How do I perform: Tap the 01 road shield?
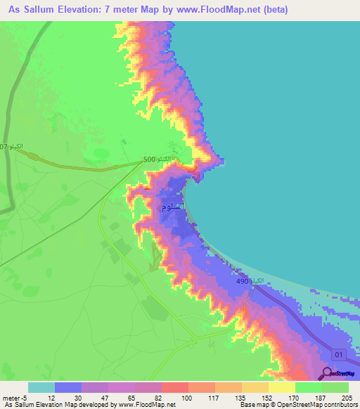coord(340,353)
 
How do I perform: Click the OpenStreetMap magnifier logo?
coord(328,373)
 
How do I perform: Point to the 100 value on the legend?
coord(186,397)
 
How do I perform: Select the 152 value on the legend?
coord(266,397)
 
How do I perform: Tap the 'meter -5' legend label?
coord(14,397)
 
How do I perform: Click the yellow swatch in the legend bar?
coord(282,387)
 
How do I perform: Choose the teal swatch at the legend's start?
coord(41,387)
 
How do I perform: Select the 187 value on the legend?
coord(319,397)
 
